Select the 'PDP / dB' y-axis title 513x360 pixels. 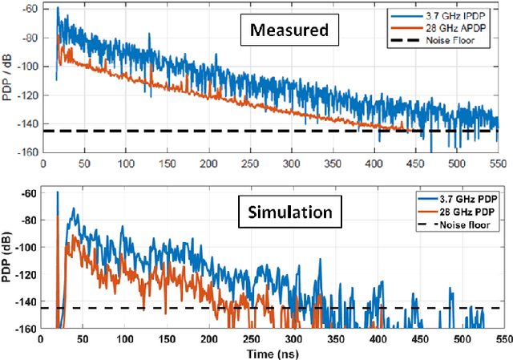click(9, 77)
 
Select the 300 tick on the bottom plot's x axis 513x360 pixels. click(289, 339)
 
